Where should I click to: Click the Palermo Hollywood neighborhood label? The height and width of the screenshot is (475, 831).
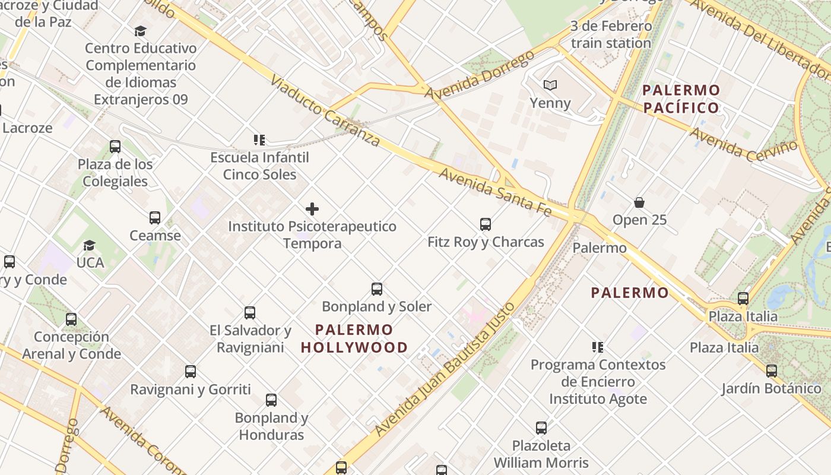pyautogui.click(x=354, y=338)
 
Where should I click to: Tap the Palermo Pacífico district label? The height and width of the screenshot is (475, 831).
pyautogui.click(x=681, y=99)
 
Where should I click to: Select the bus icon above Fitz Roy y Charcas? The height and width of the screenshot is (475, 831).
pyautogui.click(x=486, y=224)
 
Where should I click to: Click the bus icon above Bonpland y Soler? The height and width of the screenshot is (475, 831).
pyautogui.click(x=377, y=289)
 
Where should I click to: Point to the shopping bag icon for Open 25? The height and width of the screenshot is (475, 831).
pyautogui.click(x=639, y=202)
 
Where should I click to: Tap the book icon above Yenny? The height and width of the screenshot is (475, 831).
pyautogui.click(x=550, y=85)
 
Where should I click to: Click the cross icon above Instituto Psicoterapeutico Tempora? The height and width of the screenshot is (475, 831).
pyautogui.click(x=312, y=209)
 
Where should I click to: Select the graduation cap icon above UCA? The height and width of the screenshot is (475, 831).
pyautogui.click(x=90, y=245)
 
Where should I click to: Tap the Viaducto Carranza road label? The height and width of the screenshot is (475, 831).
pyautogui.click(x=325, y=111)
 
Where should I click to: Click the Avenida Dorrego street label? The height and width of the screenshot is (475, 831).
pyautogui.click(x=480, y=76)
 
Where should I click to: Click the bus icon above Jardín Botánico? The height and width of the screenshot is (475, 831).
pyautogui.click(x=772, y=371)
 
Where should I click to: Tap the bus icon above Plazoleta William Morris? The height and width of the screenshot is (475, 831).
pyautogui.click(x=541, y=428)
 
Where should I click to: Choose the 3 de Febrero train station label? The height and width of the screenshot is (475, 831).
pyautogui.click(x=611, y=34)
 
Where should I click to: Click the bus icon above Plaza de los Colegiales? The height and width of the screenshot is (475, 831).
pyautogui.click(x=115, y=147)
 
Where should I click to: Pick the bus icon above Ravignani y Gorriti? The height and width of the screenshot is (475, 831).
pyautogui.click(x=191, y=372)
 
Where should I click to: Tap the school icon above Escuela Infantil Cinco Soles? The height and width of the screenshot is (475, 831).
pyautogui.click(x=259, y=140)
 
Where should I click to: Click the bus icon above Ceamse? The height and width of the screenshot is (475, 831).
pyautogui.click(x=155, y=218)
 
